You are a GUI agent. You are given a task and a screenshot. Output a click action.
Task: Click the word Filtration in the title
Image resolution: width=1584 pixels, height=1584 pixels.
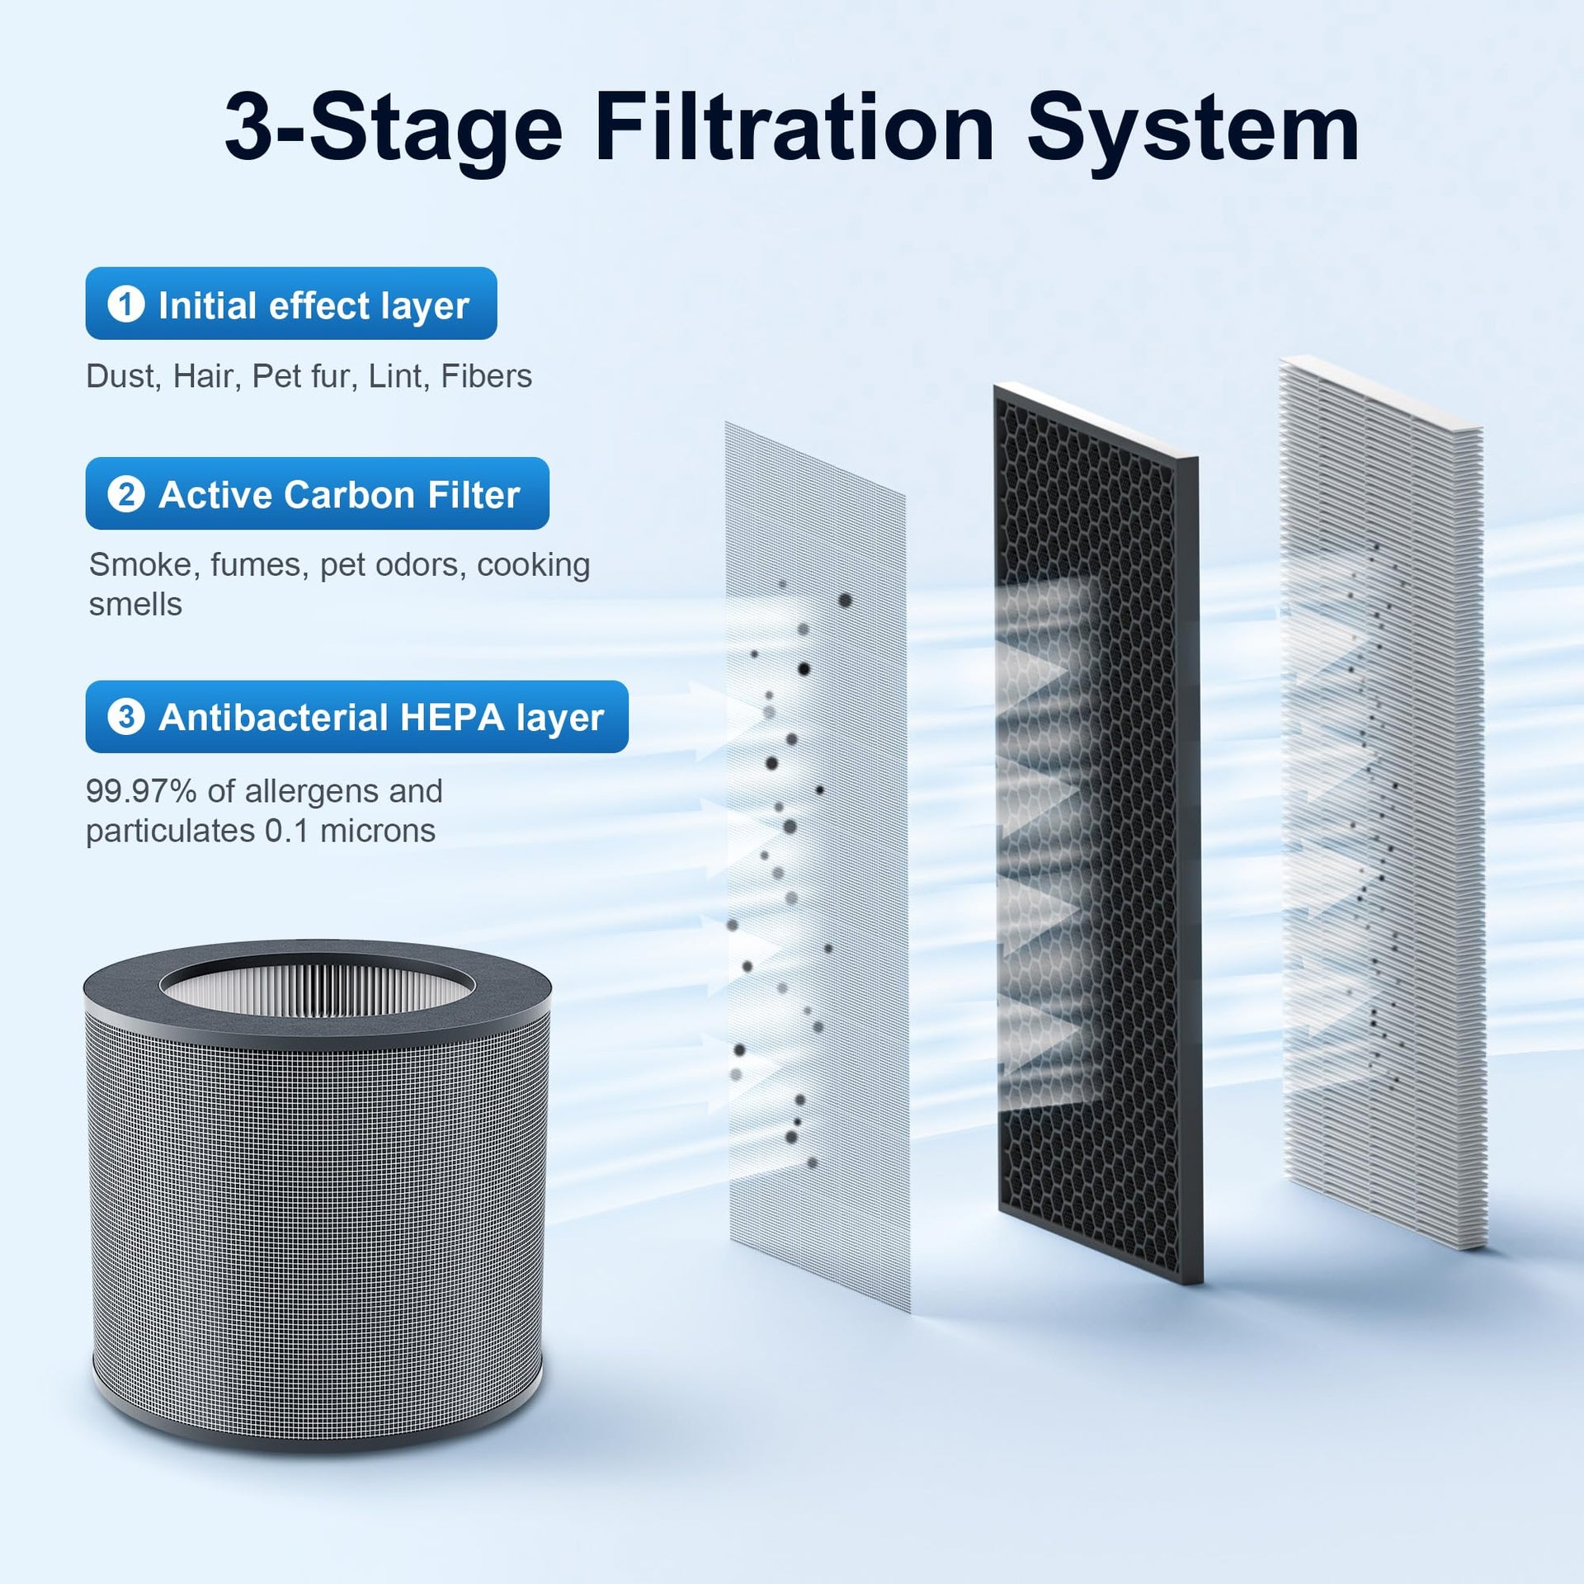coord(794,129)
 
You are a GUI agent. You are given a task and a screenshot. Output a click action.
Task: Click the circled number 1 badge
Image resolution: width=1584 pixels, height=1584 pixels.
coord(126,304)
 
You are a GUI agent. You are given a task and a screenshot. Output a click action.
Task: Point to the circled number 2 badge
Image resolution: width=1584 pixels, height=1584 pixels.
coord(126,493)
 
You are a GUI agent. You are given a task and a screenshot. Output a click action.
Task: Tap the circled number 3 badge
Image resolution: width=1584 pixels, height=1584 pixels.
coord(126,716)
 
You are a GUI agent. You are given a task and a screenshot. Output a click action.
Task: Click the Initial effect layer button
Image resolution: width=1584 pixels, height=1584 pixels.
coord(291,304)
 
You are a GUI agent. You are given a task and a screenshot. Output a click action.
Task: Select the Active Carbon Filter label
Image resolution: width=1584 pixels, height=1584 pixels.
coord(318,493)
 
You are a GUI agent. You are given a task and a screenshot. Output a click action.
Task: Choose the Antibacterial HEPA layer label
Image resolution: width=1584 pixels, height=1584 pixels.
coord(357,716)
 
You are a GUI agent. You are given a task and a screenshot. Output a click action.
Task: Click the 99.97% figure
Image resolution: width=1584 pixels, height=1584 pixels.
coord(141,791)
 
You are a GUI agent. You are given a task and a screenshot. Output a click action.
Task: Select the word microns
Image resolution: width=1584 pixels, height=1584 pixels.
coord(377,831)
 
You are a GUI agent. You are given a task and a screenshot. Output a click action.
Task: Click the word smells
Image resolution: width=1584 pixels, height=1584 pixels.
coord(135,605)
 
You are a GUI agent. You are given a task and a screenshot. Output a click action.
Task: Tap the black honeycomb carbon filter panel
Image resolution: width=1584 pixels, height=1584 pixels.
coord(1095,833)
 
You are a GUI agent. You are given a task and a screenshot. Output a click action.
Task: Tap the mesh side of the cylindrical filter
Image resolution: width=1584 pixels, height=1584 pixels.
coord(317,1221)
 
